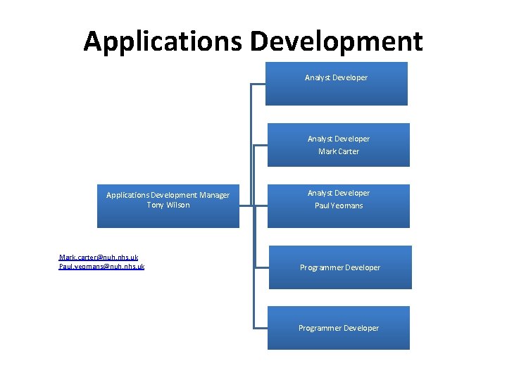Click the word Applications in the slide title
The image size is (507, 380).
(163, 42)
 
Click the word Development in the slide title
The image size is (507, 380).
(337, 42)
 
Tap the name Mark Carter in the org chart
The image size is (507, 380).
(338, 151)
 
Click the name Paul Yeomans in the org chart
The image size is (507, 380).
(339, 205)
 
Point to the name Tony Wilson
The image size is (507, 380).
(168, 205)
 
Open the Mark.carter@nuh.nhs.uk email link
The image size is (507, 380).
(99, 258)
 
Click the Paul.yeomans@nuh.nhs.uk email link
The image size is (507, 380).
(102, 267)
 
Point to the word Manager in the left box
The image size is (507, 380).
(215, 195)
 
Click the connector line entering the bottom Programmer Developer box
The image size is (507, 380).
(261, 329)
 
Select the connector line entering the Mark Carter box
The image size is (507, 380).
(260, 146)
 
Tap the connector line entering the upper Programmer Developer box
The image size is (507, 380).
(261, 268)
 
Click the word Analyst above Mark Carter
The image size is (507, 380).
(321, 139)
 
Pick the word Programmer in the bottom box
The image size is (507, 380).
(321, 328)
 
